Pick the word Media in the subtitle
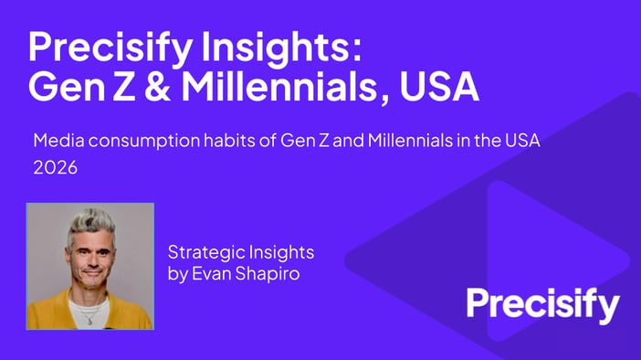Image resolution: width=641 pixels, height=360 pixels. point(55,142)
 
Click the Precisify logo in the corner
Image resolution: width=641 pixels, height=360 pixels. point(543,305)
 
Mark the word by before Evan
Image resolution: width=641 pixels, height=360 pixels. point(176,273)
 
